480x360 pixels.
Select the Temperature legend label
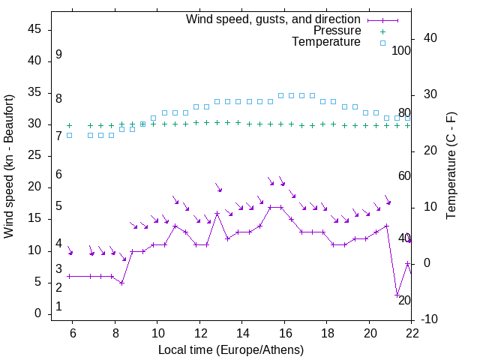pyautogui.click(x=326, y=43)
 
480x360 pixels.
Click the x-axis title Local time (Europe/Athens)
pyautogui.click(x=231, y=349)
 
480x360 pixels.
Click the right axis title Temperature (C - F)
pyautogui.click(x=451, y=166)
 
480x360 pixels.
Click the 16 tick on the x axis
pyautogui.click(x=284, y=333)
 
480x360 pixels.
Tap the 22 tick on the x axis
pyautogui.click(x=412, y=333)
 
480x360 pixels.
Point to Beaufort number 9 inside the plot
pyautogui.click(x=58, y=55)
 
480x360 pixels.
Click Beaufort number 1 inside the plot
pyautogui.click(x=58, y=307)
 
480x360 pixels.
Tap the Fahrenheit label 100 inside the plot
pyautogui.click(x=401, y=51)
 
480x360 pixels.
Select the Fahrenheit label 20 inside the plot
pyautogui.click(x=404, y=300)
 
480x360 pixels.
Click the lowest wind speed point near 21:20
pyautogui.click(x=397, y=295)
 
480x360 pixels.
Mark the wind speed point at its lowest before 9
pyautogui.click(x=121, y=283)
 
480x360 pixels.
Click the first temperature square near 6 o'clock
pyautogui.click(x=69, y=135)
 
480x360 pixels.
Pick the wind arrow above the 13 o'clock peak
pyautogui.click(x=218, y=187)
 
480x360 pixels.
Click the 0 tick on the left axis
pyautogui.click(x=37, y=314)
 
